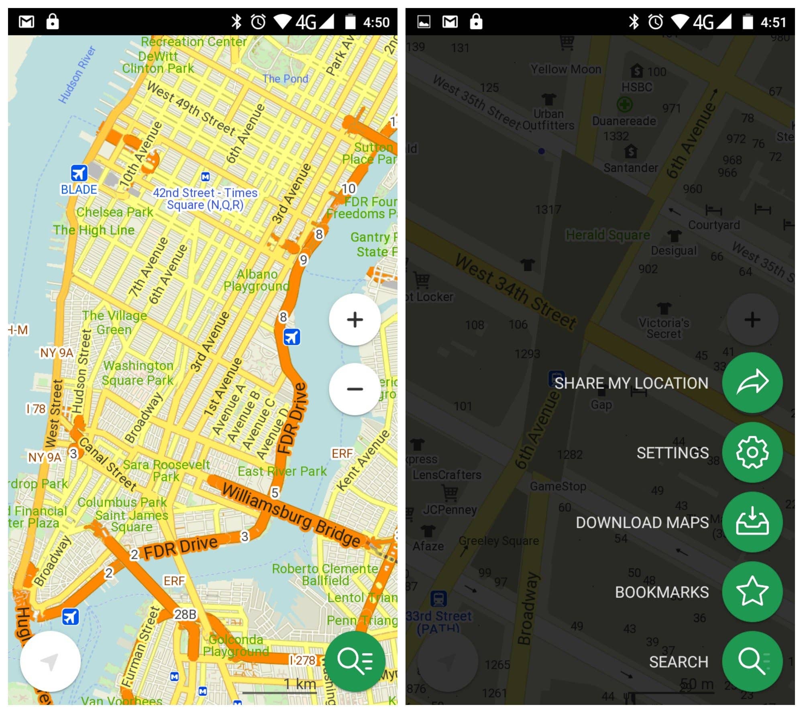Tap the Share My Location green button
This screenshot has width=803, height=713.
coord(752,382)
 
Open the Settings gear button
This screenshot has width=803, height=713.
coord(752,452)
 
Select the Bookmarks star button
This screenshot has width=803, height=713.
coord(752,591)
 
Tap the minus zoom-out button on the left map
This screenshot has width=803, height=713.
coord(355,389)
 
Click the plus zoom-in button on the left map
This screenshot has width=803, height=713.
coord(355,320)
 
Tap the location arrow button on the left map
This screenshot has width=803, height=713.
coord(50,661)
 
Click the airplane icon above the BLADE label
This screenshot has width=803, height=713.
coord(79,173)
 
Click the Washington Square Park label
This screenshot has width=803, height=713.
coord(138,373)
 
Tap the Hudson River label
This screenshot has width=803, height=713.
coord(77,75)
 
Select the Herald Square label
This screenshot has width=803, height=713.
coord(607,235)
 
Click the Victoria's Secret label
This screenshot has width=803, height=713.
coord(664,328)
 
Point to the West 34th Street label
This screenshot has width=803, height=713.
coord(516,292)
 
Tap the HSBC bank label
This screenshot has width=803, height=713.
coord(637,87)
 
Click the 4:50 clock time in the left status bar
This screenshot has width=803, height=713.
coord(376,22)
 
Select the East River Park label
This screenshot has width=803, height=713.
coord(282,471)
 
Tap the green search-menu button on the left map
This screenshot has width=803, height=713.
coord(355,661)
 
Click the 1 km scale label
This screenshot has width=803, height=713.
coord(300,684)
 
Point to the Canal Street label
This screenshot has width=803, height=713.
coord(108,464)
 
